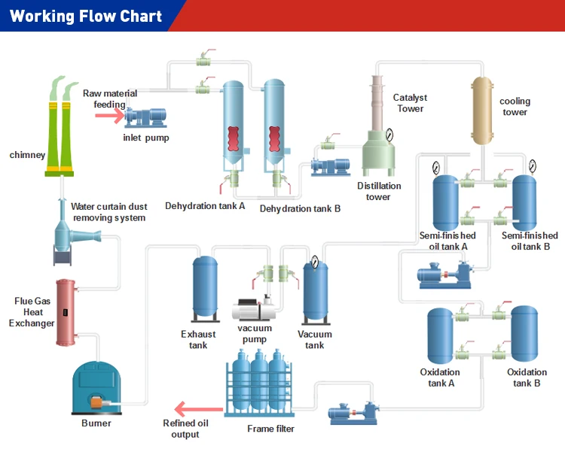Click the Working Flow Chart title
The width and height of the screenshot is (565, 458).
[86, 16]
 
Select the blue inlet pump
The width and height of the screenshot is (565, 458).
[146, 117]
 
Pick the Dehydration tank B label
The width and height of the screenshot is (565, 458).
[300, 208]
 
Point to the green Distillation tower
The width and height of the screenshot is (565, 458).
[381, 147]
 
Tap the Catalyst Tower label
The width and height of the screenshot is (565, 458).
[410, 103]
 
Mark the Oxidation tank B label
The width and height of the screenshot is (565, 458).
[527, 378]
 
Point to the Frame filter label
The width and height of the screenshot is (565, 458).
[270, 429]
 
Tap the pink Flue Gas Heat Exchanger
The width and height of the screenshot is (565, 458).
[66, 312]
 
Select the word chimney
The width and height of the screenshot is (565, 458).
[27, 155]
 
